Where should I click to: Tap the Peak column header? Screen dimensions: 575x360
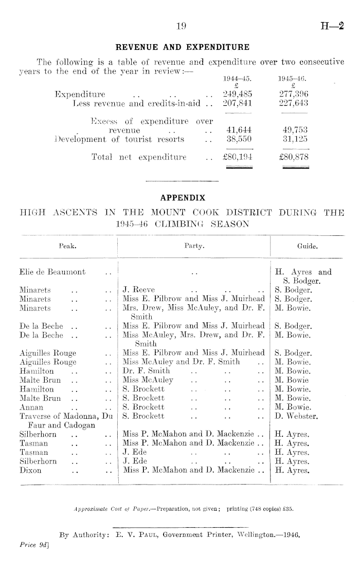click(x=68, y=246)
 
